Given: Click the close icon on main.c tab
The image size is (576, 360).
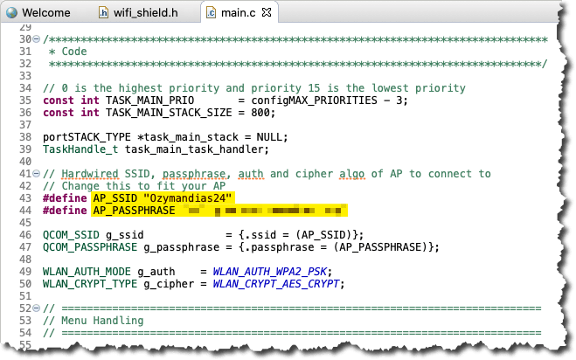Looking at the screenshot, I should (x=267, y=13).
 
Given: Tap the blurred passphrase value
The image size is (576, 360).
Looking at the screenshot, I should (x=262, y=211).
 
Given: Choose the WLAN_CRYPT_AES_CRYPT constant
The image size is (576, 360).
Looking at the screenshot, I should (x=281, y=284).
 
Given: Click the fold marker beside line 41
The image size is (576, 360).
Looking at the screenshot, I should (x=37, y=175).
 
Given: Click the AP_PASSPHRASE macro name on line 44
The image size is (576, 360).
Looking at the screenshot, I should (x=134, y=211).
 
